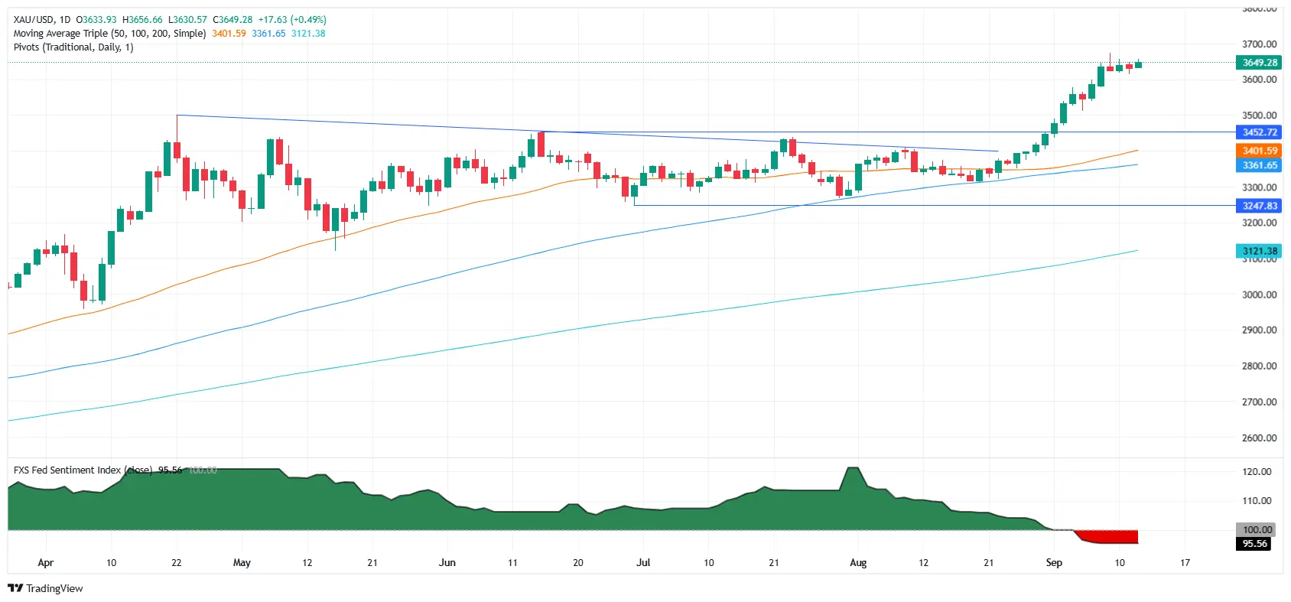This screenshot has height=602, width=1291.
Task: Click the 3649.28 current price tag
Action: click(x=1259, y=63)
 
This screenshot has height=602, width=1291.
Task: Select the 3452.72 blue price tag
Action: click(x=1259, y=132)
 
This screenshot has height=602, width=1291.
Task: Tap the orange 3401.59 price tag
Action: click(x=1259, y=151)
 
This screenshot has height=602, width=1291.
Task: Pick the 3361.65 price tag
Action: click(x=1259, y=165)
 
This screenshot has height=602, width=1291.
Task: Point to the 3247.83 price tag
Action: click(x=1259, y=206)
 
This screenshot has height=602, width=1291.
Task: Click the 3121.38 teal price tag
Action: click(x=1259, y=251)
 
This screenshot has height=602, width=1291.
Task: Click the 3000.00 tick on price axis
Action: click(x=1259, y=294)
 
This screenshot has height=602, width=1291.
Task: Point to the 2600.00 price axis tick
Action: click(x=1259, y=438)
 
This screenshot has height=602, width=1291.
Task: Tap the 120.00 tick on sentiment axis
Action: click(x=1257, y=472)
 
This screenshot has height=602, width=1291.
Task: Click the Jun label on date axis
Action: click(x=447, y=563)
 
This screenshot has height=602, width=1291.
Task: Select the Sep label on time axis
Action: click(x=1054, y=563)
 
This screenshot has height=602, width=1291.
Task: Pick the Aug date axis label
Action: click(x=858, y=563)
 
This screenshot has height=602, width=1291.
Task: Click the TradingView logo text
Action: click(x=54, y=588)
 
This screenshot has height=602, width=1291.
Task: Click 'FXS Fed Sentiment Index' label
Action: click(x=67, y=470)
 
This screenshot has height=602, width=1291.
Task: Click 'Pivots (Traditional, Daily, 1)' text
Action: click(x=73, y=47)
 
